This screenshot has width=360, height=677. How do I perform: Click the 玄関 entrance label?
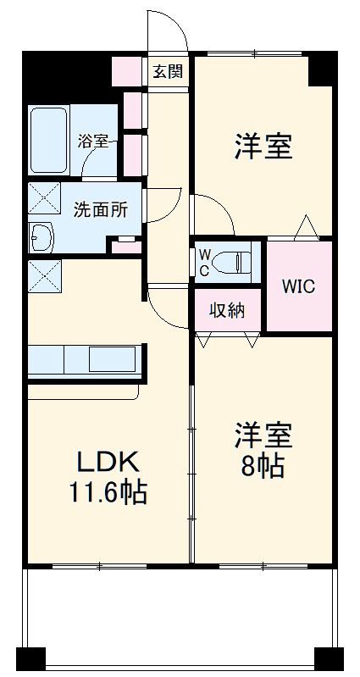click(x=168, y=71)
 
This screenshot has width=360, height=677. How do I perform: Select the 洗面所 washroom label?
click(x=100, y=208)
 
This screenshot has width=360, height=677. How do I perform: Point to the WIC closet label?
click(x=299, y=286)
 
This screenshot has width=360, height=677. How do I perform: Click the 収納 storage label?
click(x=227, y=310)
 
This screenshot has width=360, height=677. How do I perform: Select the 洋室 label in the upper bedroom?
click(x=263, y=147)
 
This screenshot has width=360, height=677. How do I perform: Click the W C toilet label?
click(x=204, y=262)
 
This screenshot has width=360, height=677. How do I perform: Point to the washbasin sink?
click(x=41, y=237)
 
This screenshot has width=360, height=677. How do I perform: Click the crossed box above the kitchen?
click(x=44, y=276)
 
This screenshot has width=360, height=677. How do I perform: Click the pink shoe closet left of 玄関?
click(x=128, y=71)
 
